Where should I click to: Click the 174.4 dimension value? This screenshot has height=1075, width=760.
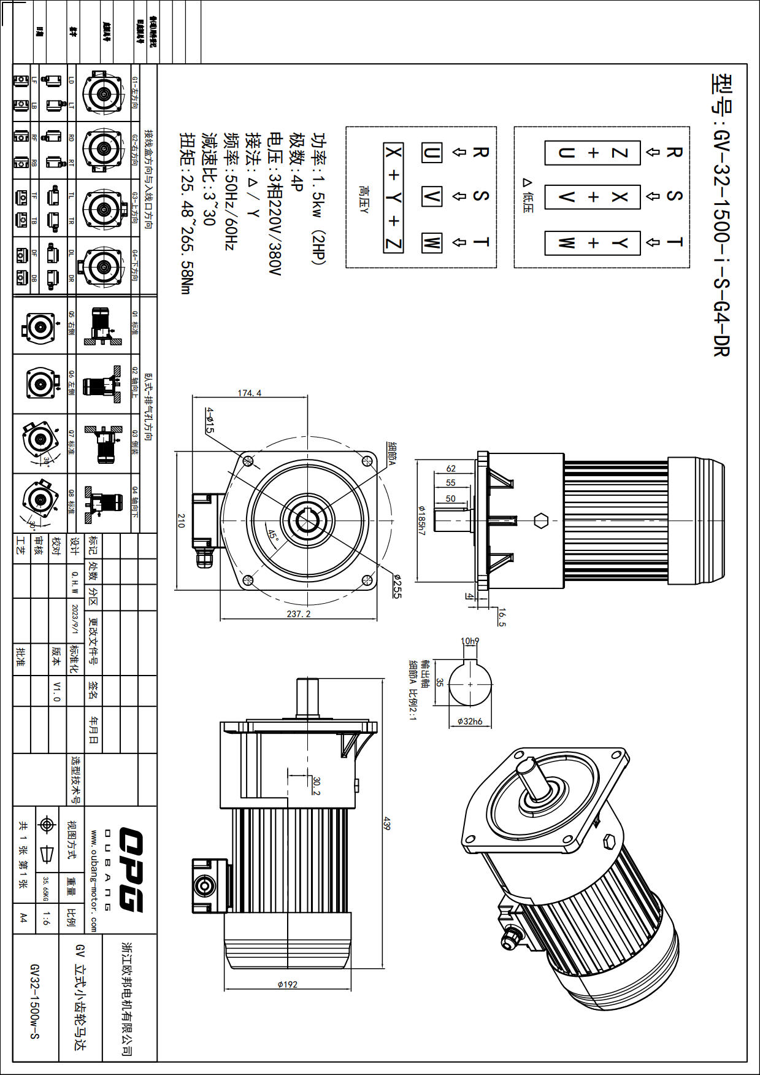tap(249, 393)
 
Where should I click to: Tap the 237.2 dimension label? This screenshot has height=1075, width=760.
tap(299, 614)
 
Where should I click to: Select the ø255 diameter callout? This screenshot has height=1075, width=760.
tap(396, 586)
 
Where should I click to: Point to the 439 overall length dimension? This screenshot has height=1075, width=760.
tap(386, 823)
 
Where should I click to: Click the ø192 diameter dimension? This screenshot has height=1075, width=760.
tap(287, 984)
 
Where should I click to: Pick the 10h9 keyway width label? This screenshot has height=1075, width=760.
tap(470, 641)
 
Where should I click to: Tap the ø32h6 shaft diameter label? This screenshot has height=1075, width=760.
tap(470, 722)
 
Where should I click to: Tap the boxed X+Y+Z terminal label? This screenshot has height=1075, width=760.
tap(393, 198)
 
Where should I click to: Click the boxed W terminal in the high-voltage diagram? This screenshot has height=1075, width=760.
tap(431, 242)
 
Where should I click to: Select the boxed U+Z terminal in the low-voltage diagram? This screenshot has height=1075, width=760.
tap(593, 153)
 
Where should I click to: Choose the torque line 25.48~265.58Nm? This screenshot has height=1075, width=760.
tap(188, 214)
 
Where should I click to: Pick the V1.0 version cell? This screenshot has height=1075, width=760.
tap(56, 691)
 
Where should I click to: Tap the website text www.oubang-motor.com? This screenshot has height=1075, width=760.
tap(94, 881)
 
